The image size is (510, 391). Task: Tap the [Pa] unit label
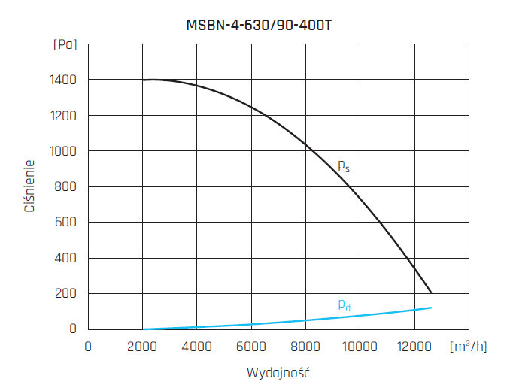[x=65, y=44]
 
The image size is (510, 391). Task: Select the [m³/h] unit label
[x=468, y=347]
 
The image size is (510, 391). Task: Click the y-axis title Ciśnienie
[x=29, y=186]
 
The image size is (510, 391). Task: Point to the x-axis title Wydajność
[x=278, y=373]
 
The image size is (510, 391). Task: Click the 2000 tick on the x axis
[x=143, y=347]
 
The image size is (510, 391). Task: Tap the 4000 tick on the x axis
[x=197, y=347]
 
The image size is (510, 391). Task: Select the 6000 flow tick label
[x=251, y=347]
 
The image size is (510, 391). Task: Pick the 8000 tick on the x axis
[x=305, y=347]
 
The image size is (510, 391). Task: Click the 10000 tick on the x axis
[x=360, y=347]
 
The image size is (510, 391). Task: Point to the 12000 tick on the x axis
[x=414, y=347]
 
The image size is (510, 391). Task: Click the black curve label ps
[x=343, y=166]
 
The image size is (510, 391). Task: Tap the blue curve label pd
[x=343, y=305]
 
